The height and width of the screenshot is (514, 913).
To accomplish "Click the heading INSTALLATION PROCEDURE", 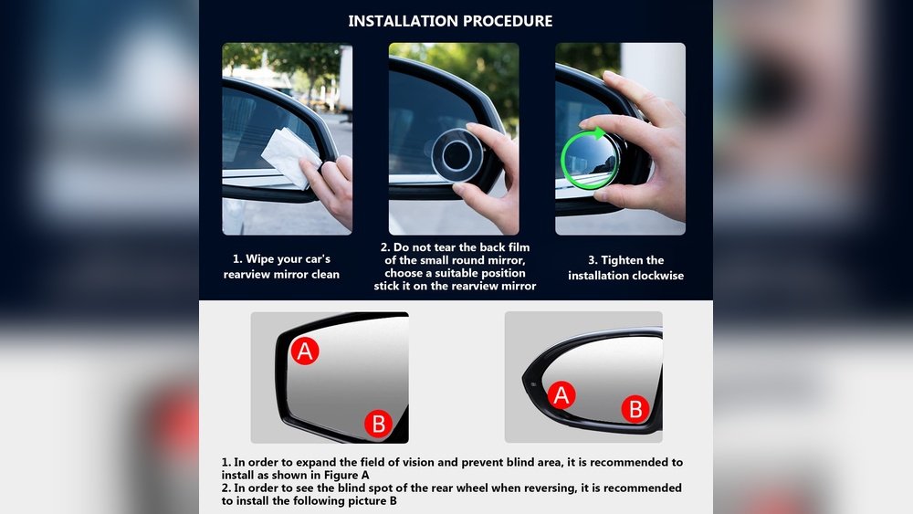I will (450, 20).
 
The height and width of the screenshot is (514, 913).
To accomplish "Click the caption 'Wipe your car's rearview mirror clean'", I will (281, 267).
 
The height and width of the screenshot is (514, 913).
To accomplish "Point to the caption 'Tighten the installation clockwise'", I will (625, 267).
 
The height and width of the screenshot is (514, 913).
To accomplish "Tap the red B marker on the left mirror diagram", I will (378, 423).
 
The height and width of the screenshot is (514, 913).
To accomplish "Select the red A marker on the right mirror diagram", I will (561, 394).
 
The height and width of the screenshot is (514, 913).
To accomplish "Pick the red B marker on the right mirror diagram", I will (635, 408).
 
